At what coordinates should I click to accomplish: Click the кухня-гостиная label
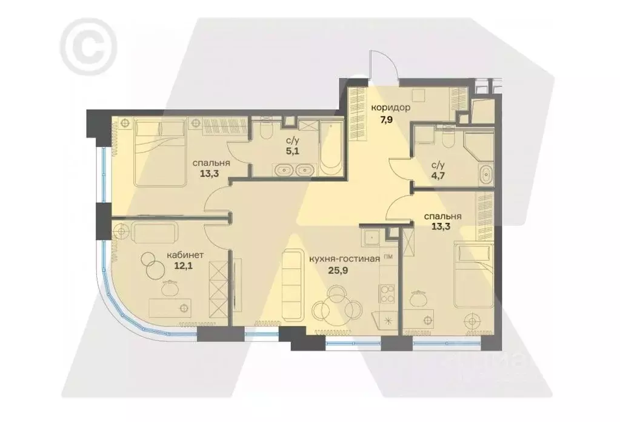[x=344, y=259]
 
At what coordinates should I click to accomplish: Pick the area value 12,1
[x=185, y=265]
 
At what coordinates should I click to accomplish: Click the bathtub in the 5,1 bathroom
[x=330, y=148]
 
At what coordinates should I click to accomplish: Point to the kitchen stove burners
[x=385, y=295]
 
